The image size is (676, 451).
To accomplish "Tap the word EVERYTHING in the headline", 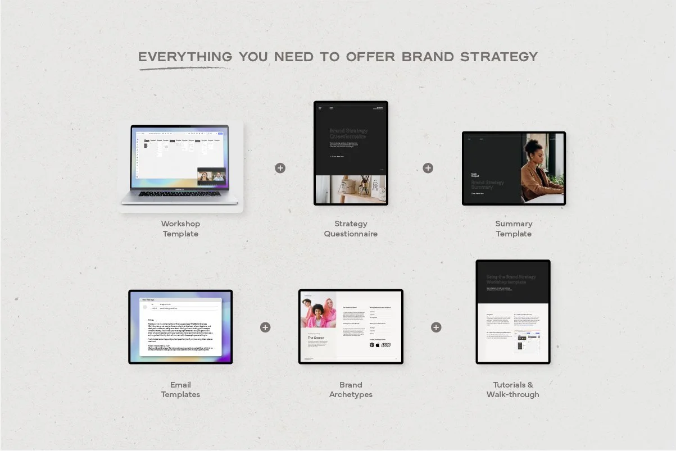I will tap(185, 57).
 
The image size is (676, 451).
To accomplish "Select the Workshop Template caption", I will tap(180, 229).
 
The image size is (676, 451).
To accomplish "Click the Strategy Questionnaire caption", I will tap(351, 229).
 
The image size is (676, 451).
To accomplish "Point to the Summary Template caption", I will tap(514, 229).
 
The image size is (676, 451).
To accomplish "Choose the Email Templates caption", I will tap(180, 390).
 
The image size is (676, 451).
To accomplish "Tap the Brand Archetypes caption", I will tap(351, 390).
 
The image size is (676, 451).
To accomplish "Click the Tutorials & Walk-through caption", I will tap(512, 390).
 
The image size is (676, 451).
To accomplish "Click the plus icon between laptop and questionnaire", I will tap(280, 168).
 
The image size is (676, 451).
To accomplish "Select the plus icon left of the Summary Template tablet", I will tap(428, 168).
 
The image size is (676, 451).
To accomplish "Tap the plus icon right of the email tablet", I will tap(265, 327).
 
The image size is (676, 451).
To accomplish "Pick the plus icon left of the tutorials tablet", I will tap(436, 327).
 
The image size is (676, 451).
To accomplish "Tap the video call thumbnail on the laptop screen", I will tap(211, 176).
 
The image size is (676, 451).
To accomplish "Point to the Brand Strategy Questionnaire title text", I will tap(347, 133).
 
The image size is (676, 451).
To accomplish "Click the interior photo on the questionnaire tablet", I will tap(351, 189).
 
